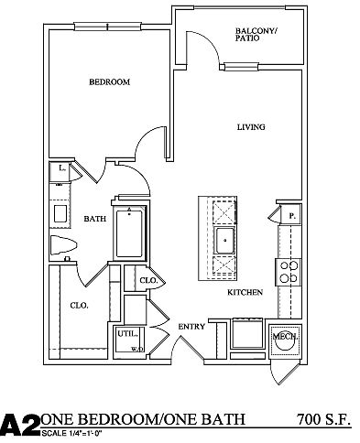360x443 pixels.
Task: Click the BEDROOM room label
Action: point(109,81)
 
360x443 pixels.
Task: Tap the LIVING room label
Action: point(251,127)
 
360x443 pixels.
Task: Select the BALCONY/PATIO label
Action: point(256,35)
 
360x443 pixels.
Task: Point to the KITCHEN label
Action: point(245,292)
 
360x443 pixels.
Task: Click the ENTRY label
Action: point(191,327)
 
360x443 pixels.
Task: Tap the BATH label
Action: point(95,219)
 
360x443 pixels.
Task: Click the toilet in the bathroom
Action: point(63,245)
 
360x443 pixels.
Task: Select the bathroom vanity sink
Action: point(60,214)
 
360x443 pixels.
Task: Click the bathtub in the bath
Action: point(129,233)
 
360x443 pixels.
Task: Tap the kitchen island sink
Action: point(225,241)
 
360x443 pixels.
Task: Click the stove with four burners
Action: point(289,272)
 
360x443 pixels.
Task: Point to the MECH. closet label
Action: point(286,337)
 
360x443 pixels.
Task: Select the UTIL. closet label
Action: point(127,334)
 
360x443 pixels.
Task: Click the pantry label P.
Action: point(292,216)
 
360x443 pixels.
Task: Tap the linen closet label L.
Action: point(62,167)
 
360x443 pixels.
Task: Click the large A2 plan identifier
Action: point(20,425)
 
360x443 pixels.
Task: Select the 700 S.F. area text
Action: point(323,419)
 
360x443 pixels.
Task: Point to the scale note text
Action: point(71,433)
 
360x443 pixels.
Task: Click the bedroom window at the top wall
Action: point(107,27)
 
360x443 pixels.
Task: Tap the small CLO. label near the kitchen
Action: point(148,280)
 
